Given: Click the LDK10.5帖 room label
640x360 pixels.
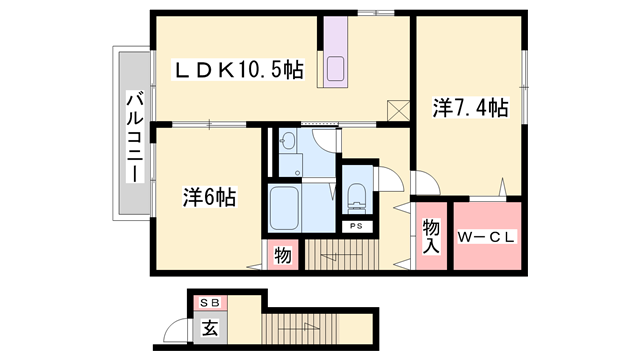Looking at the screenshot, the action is [x=238, y=69].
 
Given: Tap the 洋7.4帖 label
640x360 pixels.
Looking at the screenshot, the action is [x=471, y=108].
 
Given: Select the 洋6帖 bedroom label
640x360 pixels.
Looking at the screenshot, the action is [x=209, y=197].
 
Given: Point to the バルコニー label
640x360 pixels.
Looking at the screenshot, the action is [x=135, y=137].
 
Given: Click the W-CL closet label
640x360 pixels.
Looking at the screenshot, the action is [x=486, y=237].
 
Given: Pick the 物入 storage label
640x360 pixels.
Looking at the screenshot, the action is [x=431, y=236].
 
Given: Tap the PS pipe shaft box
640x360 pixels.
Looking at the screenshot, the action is [x=356, y=226].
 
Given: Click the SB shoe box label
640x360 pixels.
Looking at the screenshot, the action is [x=210, y=302].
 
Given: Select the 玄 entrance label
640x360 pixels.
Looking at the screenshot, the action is [x=210, y=328].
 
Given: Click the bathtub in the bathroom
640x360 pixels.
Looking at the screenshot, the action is [x=284, y=209].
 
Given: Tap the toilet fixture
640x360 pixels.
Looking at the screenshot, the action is [x=357, y=198].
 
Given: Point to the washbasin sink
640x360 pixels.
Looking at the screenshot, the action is [x=289, y=141].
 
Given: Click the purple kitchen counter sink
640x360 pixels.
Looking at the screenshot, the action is [x=336, y=68].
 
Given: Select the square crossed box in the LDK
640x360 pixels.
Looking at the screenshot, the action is [x=398, y=111].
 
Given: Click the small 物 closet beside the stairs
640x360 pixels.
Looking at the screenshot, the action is [x=283, y=255].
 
